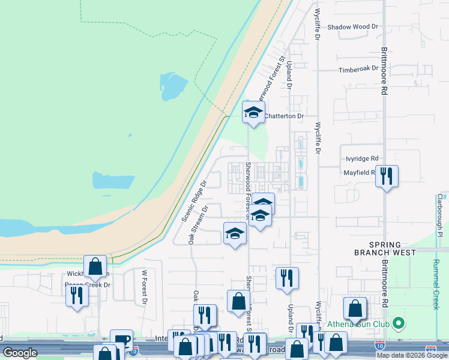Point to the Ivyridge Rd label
(362, 158)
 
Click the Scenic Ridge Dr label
(194, 200)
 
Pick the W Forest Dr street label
(145, 287)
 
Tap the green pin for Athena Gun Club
(398, 325)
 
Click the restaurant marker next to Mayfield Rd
(387, 176)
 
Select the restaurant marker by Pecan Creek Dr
(77, 295)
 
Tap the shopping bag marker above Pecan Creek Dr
(95, 266)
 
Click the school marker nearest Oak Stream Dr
(235, 233)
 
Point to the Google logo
(20, 353)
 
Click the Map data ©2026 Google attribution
(412, 355)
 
